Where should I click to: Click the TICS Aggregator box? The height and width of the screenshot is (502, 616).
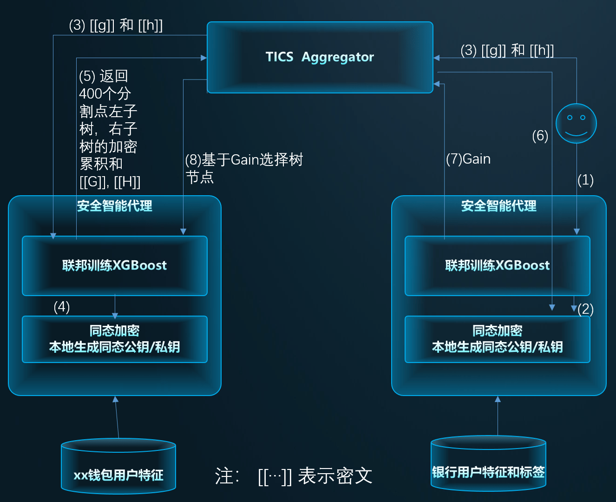click(x=320, y=57)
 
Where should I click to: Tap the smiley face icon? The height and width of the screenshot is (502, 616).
click(x=576, y=123)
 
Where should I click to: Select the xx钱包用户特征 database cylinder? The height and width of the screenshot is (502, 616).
click(x=118, y=466)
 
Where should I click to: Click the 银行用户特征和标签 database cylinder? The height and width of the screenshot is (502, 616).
click(x=488, y=463)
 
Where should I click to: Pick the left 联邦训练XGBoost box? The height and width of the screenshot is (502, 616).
click(x=115, y=266)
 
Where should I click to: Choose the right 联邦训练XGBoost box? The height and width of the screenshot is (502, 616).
click(x=497, y=266)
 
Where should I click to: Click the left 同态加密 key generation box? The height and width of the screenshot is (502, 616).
click(x=115, y=339)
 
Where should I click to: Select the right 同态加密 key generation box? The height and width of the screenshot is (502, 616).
click(x=497, y=339)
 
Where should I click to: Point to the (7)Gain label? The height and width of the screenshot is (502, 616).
click(x=468, y=159)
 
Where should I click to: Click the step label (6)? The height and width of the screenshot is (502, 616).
click(x=540, y=136)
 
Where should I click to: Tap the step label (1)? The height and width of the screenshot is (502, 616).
click(x=585, y=180)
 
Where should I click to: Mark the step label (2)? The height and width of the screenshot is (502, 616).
click(x=585, y=309)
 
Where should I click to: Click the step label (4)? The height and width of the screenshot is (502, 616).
click(x=62, y=307)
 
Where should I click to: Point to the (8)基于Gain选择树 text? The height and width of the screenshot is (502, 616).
click(x=244, y=160)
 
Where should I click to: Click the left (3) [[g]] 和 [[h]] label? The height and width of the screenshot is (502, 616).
click(x=116, y=25)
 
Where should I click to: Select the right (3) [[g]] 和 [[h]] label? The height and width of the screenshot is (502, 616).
click(x=507, y=50)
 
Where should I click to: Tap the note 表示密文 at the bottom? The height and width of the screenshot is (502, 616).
click(x=334, y=476)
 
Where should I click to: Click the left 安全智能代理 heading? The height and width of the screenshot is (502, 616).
click(x=115, y=206)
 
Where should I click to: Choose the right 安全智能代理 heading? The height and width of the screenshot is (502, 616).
click(x=498, y=206)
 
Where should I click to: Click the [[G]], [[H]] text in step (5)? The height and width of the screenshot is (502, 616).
click(x=110, y=182)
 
